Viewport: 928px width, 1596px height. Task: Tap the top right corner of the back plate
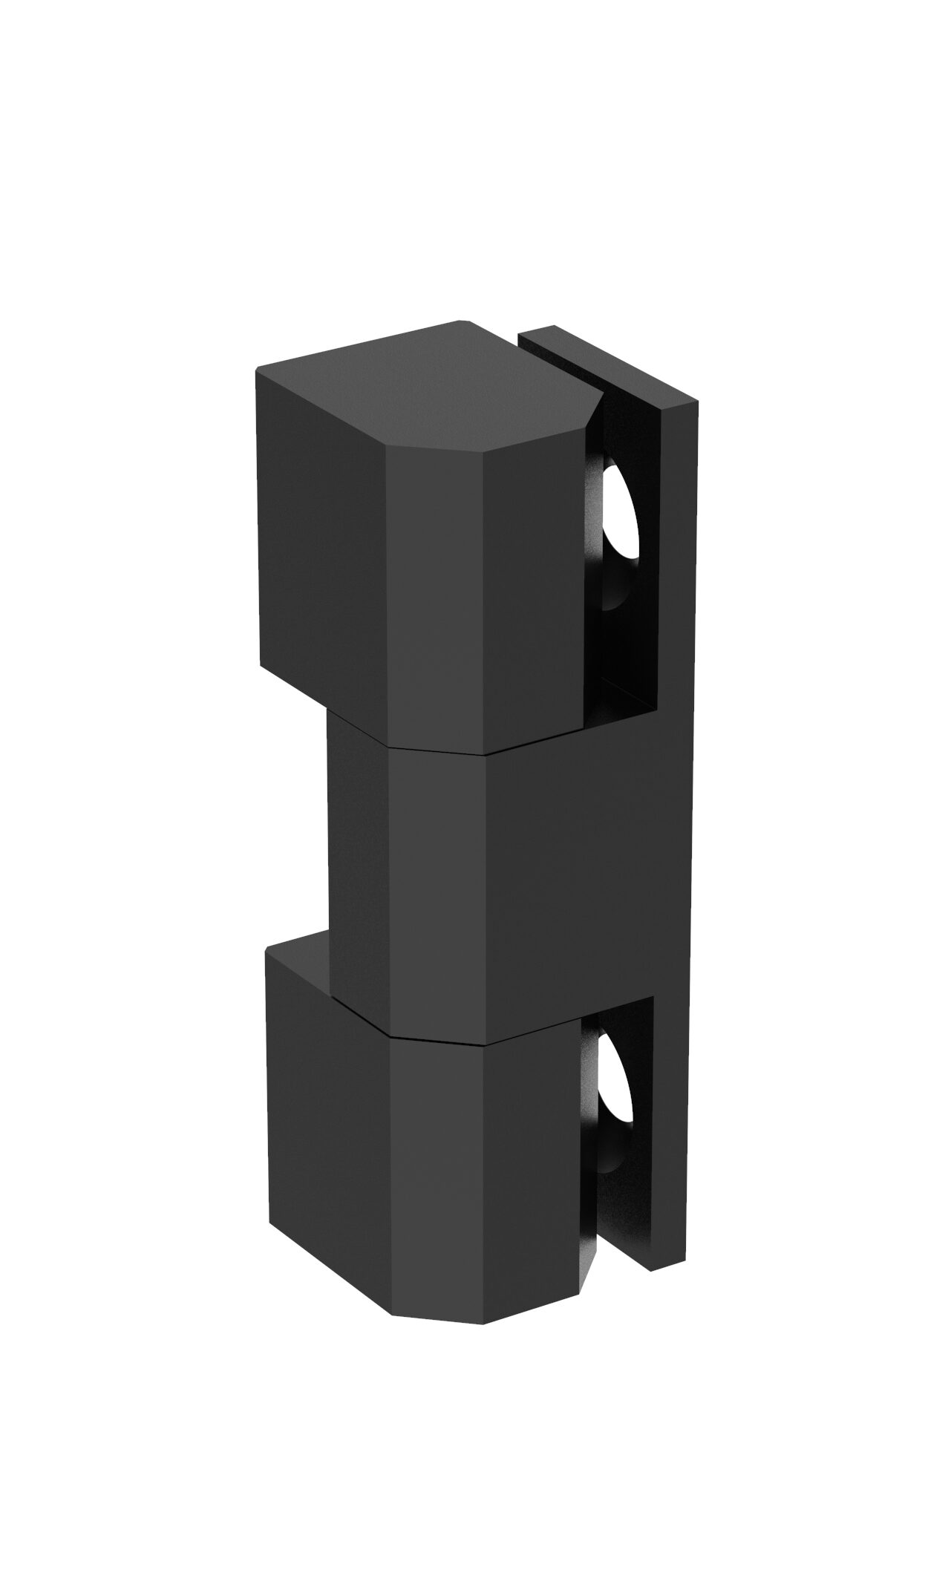pos(696,401)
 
